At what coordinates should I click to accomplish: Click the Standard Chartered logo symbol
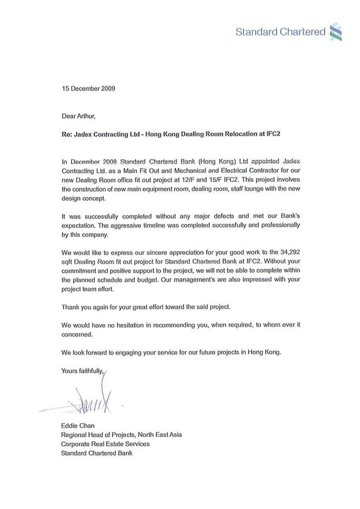coord(335,31)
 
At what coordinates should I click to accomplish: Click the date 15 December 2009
coord(88,89)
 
